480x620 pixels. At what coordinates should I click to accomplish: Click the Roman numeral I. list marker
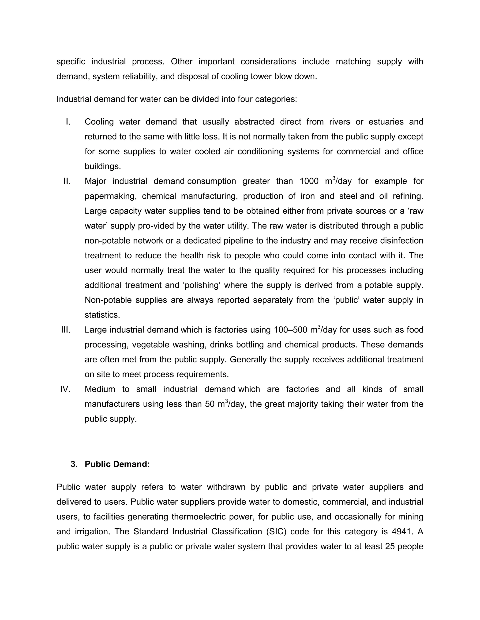coord(68,122)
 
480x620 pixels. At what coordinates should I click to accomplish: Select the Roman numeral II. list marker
coord(67,181)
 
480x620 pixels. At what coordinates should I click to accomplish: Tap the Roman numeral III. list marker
coord(66,330)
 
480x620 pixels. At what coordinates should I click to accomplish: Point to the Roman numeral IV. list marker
coord(65,389)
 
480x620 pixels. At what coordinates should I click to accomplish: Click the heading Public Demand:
coord(117,464)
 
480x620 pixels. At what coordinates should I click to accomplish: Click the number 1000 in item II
coord(309,181)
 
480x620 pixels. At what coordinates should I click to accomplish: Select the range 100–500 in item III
coord(291,330)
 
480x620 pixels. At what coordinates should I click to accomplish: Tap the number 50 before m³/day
coord(210,404)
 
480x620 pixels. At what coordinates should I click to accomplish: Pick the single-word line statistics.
coord(102,315)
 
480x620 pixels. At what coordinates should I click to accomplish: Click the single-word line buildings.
coord(103,166)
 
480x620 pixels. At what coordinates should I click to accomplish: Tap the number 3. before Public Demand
coord(74,464)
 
